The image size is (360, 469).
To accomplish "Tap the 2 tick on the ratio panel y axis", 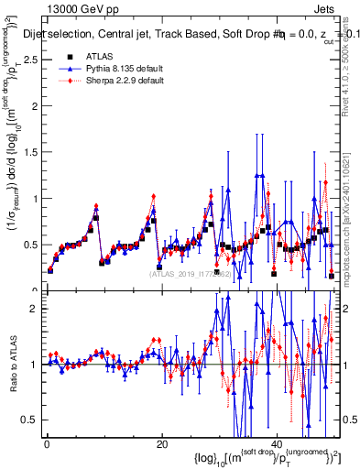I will point(37,309).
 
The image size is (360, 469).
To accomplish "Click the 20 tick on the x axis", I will point(162,444).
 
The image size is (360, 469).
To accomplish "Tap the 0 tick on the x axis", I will point(46,444).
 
